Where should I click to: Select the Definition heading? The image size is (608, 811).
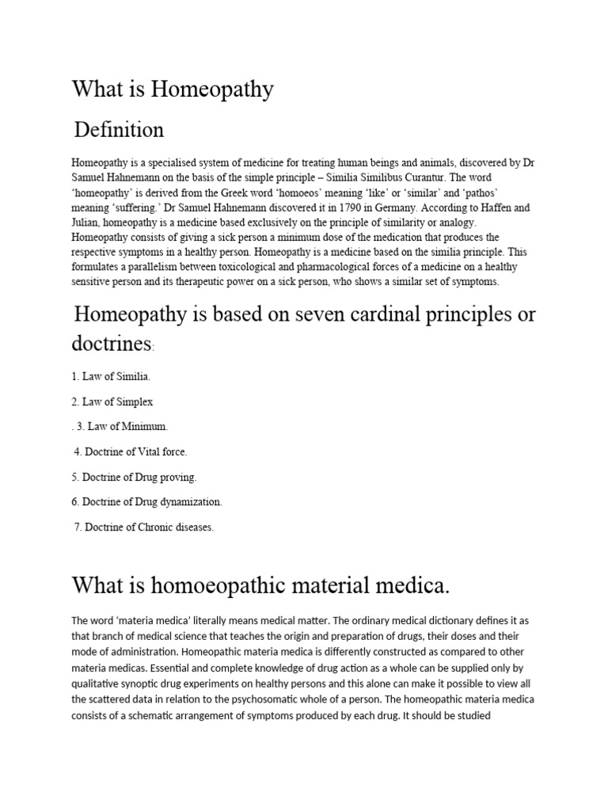click(x=119, y=129)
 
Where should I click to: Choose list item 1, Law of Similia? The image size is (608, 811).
click(x=110, y=377)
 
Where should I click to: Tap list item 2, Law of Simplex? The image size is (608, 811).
click(x=112, y=402)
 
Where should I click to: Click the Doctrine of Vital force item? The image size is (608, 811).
click(x=130, y=451)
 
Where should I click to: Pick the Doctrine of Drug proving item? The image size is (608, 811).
click(x=134, y=477)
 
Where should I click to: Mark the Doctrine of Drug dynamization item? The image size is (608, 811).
click(x=147, y=501)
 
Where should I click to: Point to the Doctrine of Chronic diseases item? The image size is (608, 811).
click(x=143, y=527)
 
